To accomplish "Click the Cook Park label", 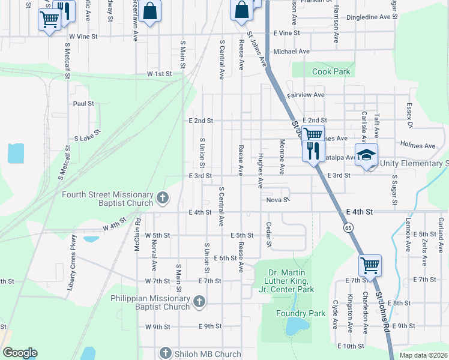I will click(x=331, y=72).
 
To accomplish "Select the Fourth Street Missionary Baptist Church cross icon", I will click(x=162, y=198).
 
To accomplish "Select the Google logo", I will click(x=20, y=353).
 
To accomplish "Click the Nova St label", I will click(x=278, y=200).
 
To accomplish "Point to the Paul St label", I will click(x=83, y=104).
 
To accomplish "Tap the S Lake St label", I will click(x=85, y=138).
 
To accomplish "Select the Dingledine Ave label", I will click(x=369, y=17).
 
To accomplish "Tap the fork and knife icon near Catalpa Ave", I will click(x=312, y=150).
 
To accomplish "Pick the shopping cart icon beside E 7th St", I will click(x=370, y=264).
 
